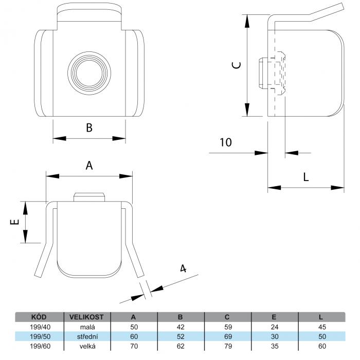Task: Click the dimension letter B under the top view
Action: tap(89, 128)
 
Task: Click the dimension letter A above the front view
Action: tap(89, 165)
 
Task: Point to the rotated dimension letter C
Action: tap(237, 65)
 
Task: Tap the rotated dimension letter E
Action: tap(15, 222)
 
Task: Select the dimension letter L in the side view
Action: tap(306, 177)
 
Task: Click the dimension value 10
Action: tap(226, 142)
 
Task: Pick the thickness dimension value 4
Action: tap(183, 268)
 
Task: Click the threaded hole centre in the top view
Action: tap(89, 73)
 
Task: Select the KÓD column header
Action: tap(39, 317)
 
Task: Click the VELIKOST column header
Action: tap(86, 317)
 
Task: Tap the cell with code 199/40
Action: tap(40, 327)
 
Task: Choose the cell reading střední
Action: tap(87, 336)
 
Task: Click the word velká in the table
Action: tap(87, 346)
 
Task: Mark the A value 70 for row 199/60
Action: tap(134, 346)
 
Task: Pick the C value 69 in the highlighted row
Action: tap(228, 336)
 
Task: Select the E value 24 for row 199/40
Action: tap(275, 327)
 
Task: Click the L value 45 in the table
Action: tap(322, 327)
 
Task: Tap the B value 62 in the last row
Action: tap(181, 346)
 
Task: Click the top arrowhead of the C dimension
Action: tap(247, 21)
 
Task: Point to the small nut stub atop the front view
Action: tap(89, 197)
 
